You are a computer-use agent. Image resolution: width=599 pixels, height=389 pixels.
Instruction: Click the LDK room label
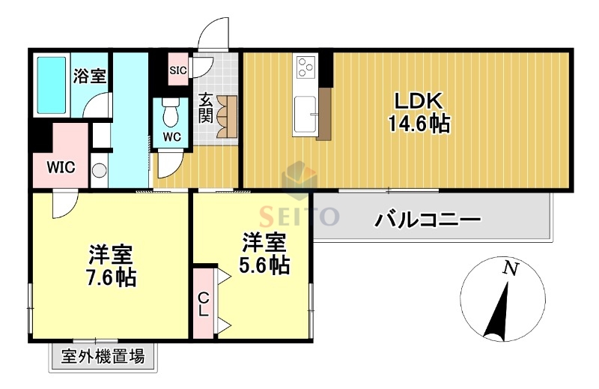418,101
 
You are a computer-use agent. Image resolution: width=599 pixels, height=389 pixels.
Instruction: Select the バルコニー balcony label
428,220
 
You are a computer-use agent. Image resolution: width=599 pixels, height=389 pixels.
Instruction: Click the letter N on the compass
510,268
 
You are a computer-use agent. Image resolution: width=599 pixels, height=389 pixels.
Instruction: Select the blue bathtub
52,83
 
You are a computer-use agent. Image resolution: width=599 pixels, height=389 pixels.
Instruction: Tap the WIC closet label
61,166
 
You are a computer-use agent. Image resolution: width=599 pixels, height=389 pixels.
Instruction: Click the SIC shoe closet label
177,70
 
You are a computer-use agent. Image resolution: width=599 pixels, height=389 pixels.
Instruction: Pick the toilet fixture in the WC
170,113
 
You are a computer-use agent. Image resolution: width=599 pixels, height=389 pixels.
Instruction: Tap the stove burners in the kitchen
305,68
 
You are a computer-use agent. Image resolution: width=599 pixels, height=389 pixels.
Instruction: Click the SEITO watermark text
299,217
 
